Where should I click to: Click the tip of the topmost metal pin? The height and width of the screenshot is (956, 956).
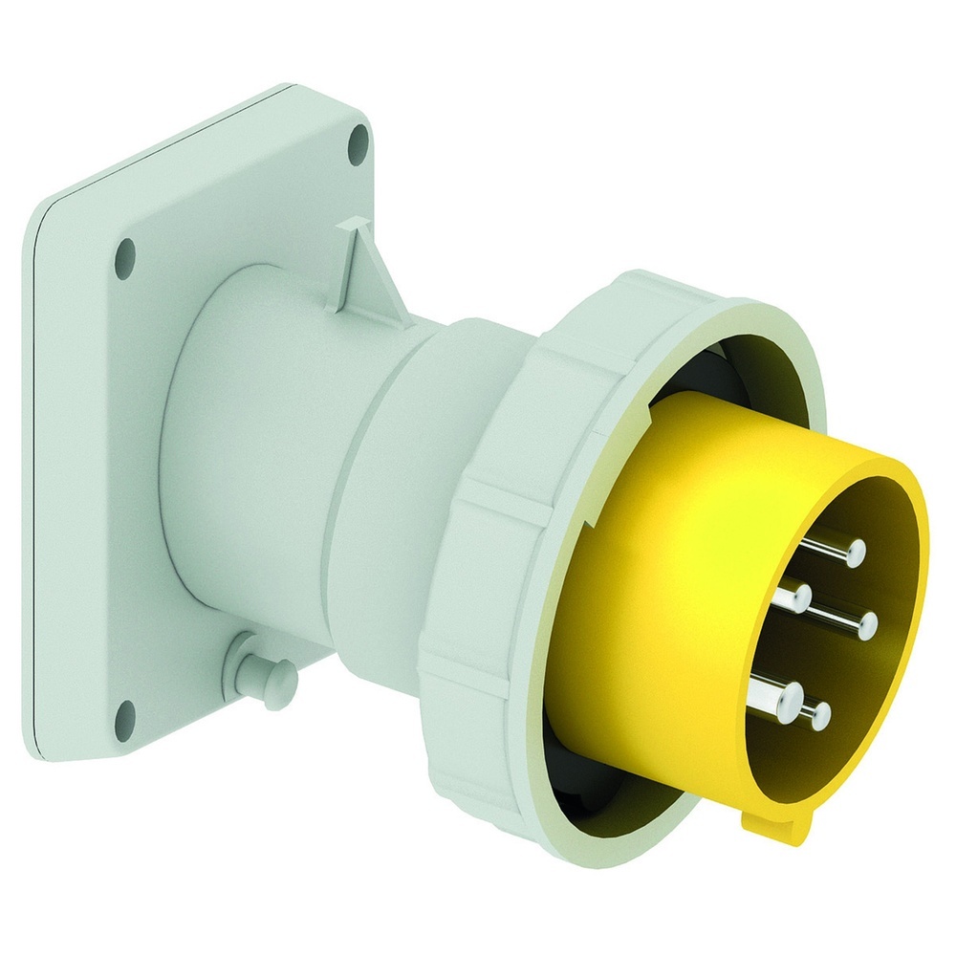point(856,550)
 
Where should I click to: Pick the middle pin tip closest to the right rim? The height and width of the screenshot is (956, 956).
point(868,626)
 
